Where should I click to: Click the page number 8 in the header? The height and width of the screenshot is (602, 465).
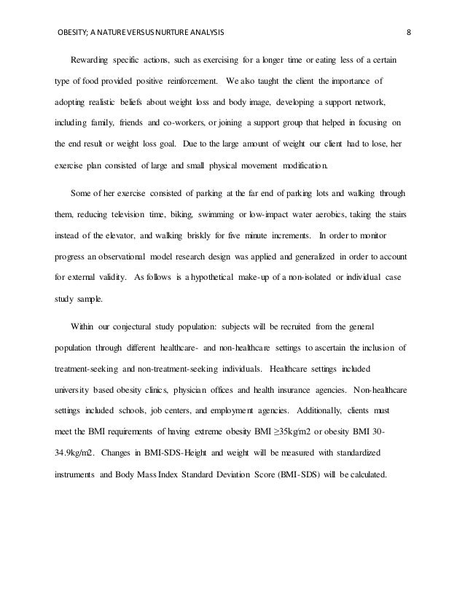click(x=409, y=32)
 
